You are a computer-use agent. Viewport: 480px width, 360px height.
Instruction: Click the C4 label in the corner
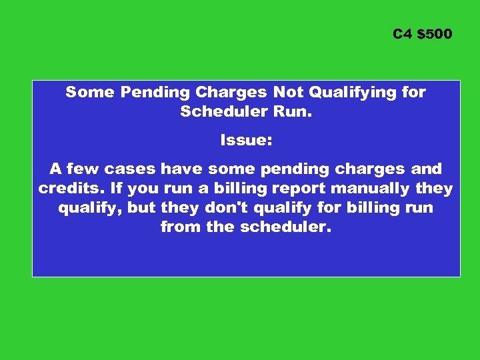click(x=402, y=33)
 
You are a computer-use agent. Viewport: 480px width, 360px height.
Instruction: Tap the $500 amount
click(x=434, y=33)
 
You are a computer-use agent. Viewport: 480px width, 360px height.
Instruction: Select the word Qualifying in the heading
click(x=345, y=93)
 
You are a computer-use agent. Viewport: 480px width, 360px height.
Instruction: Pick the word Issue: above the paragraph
click(x=246, y=141)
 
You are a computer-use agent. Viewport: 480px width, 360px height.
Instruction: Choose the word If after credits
click(x=110, y=189)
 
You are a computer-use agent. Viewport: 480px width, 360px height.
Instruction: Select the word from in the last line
click(x=179, y=227)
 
